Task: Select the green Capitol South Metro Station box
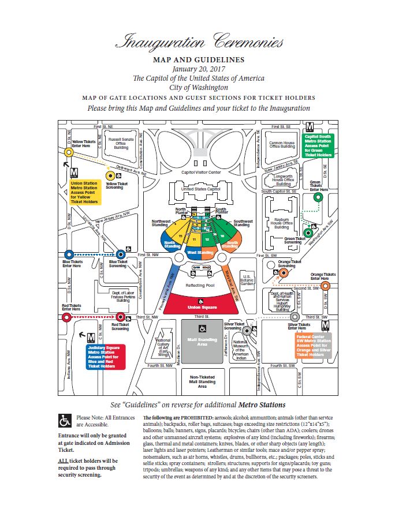[318, 146]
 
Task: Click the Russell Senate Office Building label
[121, 143]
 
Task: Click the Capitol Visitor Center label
[201, 172]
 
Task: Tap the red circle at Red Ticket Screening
[120, 316]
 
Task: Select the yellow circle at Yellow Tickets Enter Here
[69, 152]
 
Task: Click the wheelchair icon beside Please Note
[65, 420]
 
